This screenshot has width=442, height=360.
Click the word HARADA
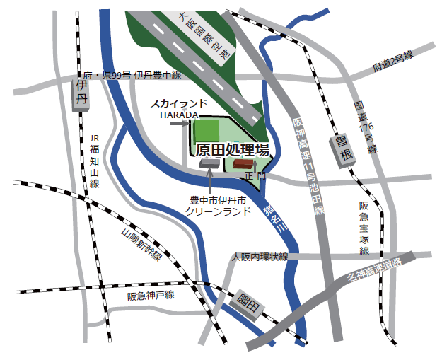pyautogui.click(x=178, y=113)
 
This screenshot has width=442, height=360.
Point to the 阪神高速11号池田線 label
pyautogui.click(x=308, y=167)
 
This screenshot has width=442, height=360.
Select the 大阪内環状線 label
pyautogui.click(x=260, y=257)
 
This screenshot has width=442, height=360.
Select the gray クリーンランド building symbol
pyautogui.click(x=209, y=163)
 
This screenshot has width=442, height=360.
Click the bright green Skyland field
pyautogui.click(x=207, y=131)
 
